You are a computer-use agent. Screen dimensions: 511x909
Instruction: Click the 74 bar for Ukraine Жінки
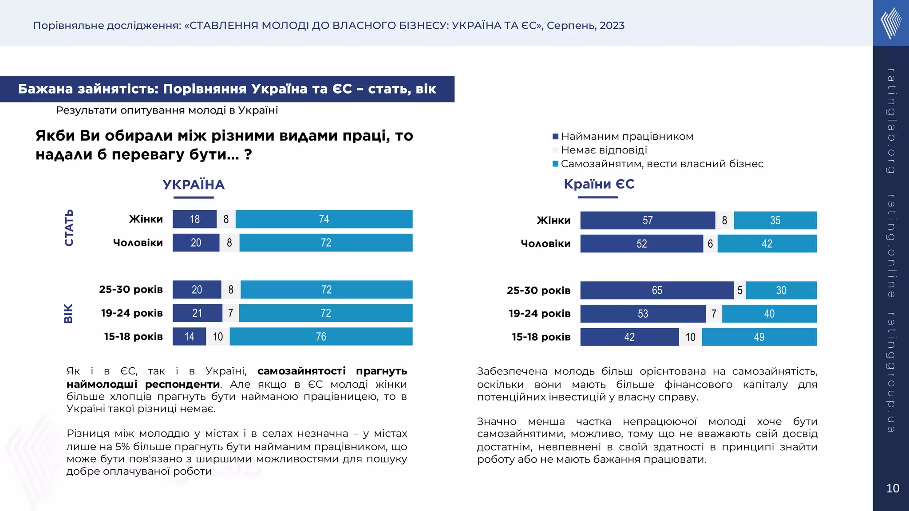coord(324,219)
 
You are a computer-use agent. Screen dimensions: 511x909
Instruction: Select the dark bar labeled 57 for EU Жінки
coord(648,220)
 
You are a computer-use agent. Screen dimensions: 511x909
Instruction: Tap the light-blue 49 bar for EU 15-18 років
coord(759,337)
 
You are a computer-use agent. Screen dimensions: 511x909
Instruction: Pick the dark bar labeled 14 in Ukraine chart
coord(190,337)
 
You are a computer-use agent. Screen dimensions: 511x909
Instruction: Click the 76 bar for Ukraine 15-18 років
coord(321,337)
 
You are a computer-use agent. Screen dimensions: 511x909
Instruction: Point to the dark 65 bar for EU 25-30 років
coord(657,291)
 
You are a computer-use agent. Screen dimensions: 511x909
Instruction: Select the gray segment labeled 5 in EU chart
coord(740,291)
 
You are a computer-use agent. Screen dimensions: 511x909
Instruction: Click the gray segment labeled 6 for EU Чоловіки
coord(710,244)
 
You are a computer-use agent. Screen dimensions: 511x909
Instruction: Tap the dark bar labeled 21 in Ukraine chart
coord(197,313)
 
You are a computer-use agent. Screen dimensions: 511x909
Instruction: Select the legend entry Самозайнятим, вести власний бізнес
coord(662,164)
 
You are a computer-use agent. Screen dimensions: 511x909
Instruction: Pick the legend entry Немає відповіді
coord(604,150)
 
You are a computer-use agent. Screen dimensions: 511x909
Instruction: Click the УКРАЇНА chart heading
coord(194,185)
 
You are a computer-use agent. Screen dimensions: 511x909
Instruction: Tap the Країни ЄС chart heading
coord(599,184)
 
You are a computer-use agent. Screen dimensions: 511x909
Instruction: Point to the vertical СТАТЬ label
coord(69,228)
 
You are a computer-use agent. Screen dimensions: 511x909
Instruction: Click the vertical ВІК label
coord(68,314)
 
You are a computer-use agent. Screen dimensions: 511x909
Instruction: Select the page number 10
coord(892,488)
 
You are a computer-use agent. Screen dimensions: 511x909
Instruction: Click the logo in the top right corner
coord(891,23)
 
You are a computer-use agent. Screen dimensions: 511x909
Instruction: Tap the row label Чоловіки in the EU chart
coord(545,244)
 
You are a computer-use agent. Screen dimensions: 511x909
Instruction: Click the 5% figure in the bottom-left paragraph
coord(123,447)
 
